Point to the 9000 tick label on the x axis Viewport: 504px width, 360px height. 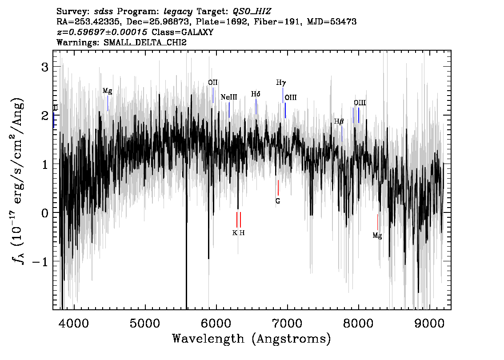click(429, 323)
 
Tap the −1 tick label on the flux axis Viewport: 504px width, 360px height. click(40, 261)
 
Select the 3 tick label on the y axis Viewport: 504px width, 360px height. click(45, 67)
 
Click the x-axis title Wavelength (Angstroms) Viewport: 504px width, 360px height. click(252, 339)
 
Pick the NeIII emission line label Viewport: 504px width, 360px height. click(229, 97)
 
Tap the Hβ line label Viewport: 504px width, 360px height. click(339, 121)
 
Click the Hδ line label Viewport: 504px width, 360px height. click(256, 94)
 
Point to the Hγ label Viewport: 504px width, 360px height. click(281, 83)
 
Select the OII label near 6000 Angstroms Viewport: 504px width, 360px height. click(213, 83)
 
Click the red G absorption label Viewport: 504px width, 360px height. click(278, 201)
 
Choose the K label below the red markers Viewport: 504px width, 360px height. click(235, 233)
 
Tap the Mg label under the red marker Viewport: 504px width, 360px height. click(377, 236)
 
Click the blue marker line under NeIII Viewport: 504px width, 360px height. click(229, 110)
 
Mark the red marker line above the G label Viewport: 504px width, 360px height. click(278, 188)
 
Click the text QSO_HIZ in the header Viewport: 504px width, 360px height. click(252, 12)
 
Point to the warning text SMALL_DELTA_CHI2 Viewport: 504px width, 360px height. click(145, 42)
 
